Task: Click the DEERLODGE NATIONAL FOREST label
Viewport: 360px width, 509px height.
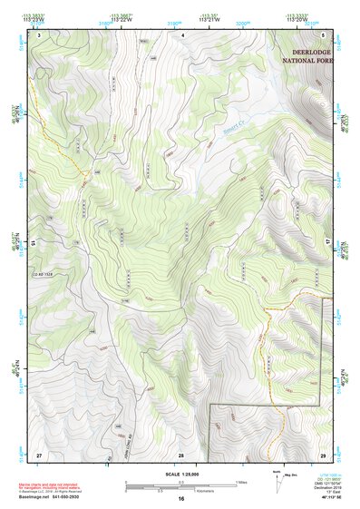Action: (306, 55)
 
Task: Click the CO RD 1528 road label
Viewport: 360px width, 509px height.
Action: (44, 271)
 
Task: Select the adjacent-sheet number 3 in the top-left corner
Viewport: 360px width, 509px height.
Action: (39, 34)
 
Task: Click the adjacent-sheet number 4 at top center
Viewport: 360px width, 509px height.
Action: (181, 34)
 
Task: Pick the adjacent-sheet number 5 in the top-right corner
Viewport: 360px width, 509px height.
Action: (323, 34)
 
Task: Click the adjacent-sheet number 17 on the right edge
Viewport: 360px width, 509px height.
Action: (329, 243)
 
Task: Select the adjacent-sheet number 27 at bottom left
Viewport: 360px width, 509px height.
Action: (39, 454)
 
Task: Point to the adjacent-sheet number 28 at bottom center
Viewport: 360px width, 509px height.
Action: (181, 454)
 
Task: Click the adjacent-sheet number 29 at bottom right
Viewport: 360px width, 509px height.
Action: (323, 454)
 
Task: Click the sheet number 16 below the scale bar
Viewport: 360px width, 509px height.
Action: (181, 499)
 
